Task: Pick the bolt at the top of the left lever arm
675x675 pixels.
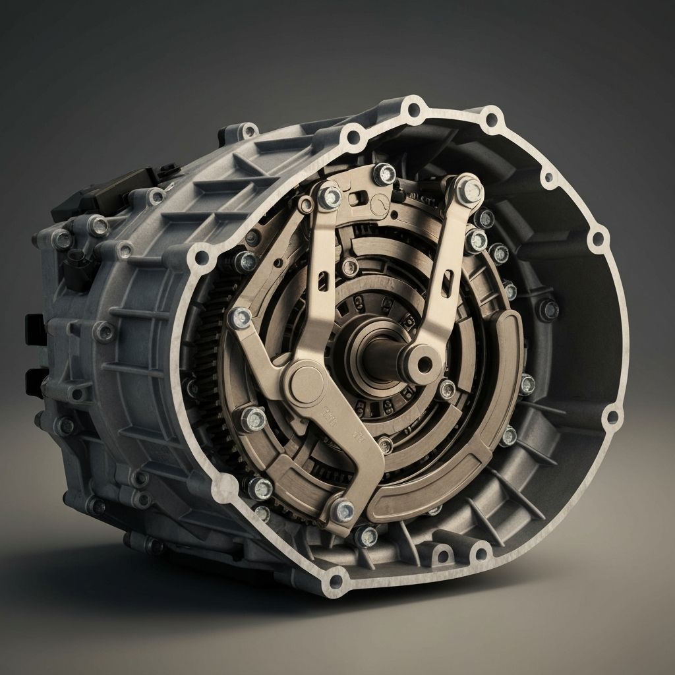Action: click(x=329, y=196)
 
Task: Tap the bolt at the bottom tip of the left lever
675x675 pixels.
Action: click(x=342, y=510)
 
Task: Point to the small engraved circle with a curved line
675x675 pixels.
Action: click(x=379, y=204)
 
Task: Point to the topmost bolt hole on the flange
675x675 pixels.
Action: click(x=415, y=108)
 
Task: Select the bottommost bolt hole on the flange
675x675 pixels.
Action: click(x=337, y=581)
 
